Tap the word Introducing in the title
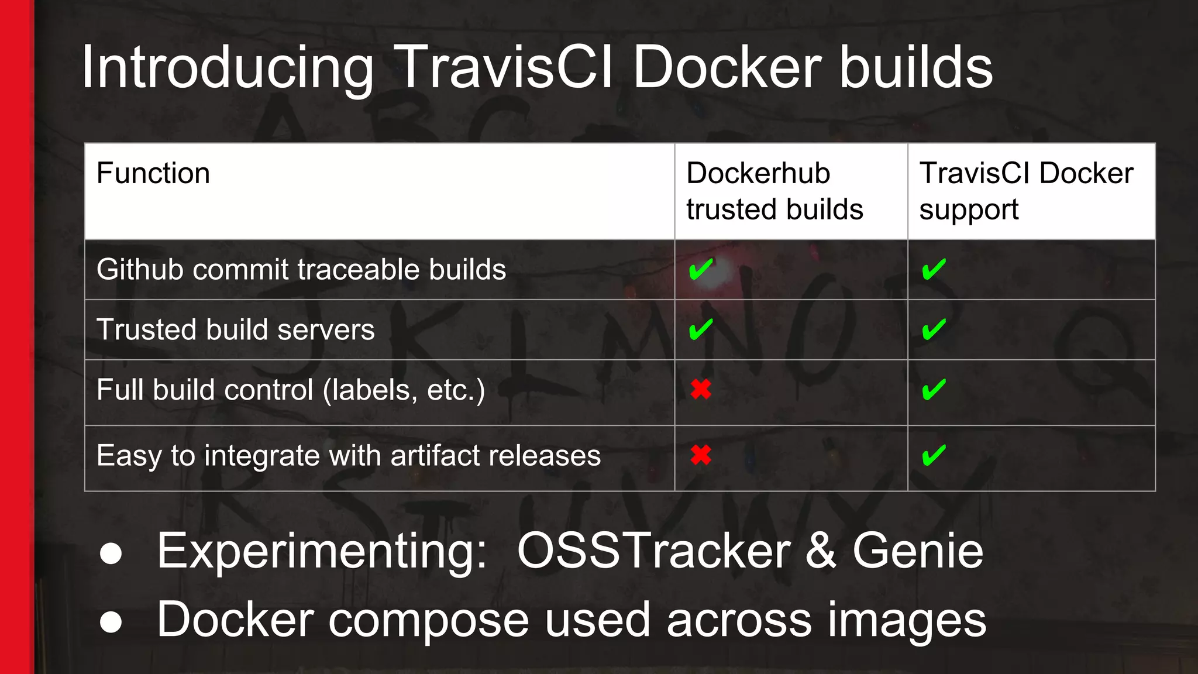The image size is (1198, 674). pyautogui.click(x=227, y=69)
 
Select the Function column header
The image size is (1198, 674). pyautogui.click(x=153, y=174)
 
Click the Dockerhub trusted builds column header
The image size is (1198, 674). pyautogui.click(x=774, y=191)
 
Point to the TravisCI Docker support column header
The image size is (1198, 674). pyautogui.click(x=1026, y=191)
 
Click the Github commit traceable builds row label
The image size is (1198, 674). pyautogui.click(x=301, y=270)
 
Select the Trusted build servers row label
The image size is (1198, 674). pyautogui.click(x=235, y=329)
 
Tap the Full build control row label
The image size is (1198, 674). pyautogui.click(x=291, y=390)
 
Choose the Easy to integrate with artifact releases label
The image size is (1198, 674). pyautogui.click(x=349, y=456)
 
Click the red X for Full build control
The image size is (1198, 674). pyautogui.click(x=701, y=389)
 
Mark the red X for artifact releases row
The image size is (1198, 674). pyautogui.click(x=701, y=455)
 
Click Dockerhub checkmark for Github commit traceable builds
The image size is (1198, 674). pyautogui.click(x=701, y=270)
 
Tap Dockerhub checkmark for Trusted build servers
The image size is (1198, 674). pyautogui.click(x=701, y=329)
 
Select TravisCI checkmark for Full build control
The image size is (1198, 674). pyautogui.click(x=934, y=390)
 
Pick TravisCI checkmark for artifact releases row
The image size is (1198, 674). pyautogui.click(x=934, y=455)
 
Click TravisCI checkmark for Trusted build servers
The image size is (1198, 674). pyautogui.click(x=934, y=329)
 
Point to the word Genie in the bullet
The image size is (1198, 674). pyautogui.click(x=918, y=551)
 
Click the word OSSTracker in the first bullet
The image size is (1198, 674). pyautogui.click(x=654, y=551)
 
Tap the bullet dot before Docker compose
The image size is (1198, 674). pyautogui.click(x=111, y=622)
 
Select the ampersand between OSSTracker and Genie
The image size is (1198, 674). pyautogui.click(x=821, y=551)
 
